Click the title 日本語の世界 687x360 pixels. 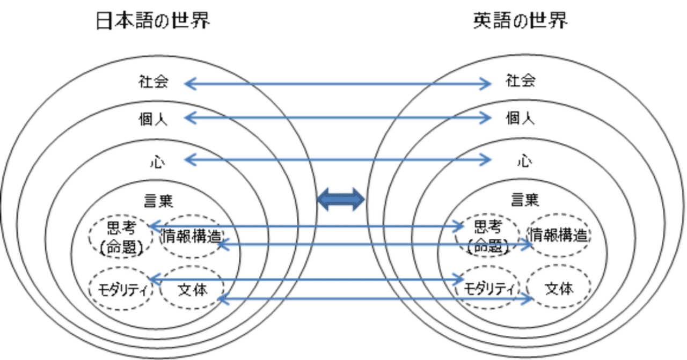153,21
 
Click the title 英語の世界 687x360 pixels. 521,21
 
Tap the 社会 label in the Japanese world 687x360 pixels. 153,82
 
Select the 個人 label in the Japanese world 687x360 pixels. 153,119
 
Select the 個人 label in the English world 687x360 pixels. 521,118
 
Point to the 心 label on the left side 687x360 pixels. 157,160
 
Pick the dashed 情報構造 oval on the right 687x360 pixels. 559,236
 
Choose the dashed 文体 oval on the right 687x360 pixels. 559,289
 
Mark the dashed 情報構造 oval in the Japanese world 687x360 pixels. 191,236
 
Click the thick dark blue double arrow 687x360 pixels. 341,200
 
